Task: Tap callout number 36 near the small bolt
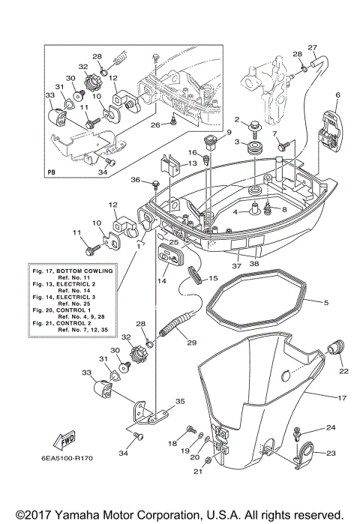click(x=136, y=180)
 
